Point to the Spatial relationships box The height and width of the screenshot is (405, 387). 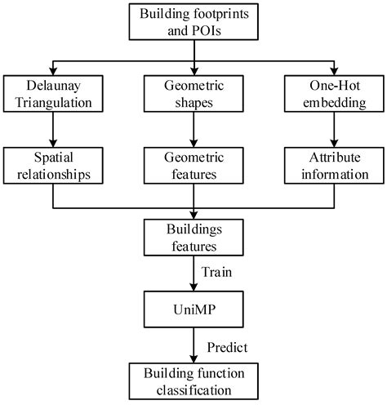(52, 166)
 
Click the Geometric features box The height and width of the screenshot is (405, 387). (193, 166)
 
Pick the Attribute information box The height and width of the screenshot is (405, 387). (335, 166)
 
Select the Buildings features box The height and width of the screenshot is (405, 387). (193, 238)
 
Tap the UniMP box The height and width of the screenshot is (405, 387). (193, 309)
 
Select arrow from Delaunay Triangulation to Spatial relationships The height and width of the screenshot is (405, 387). (52, 129)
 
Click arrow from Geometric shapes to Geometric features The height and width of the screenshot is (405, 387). (193, 129)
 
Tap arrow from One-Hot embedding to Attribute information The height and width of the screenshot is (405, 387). (335, 129)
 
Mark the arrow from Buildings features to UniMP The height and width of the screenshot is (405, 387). (193, 274)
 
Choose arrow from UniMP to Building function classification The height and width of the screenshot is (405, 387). (193, 345)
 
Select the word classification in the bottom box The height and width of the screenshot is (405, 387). (193, 389)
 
